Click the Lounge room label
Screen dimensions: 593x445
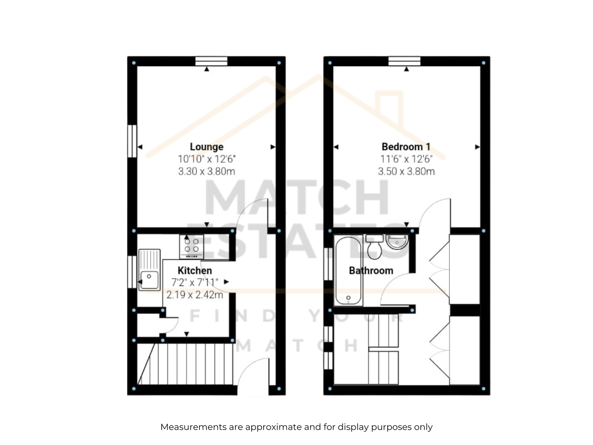[x=206, y=147]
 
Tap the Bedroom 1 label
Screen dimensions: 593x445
[x=406, y=147]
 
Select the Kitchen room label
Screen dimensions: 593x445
[x=195, y=270]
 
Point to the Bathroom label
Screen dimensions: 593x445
[x=371, y=270]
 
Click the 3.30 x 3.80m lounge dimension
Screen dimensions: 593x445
[x=206, y=171]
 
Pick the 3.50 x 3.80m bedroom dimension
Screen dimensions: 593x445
[x=406, y=171]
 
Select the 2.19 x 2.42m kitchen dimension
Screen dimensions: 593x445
[x=195, y=294]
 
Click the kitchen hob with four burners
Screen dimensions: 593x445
[x=191, y=246]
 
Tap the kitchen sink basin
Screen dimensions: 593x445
[x=149, y=280]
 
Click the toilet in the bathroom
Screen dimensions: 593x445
[x=374, y=247]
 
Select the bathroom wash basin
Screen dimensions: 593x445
[x=397, y=242]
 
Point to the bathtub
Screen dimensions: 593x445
[x=348, y=270]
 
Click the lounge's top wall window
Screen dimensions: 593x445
[x=211, y=61]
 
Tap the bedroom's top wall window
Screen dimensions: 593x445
[x=404, y=61]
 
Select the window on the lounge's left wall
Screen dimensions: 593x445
[x=132, y=141]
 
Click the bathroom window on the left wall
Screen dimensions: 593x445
[x=328, y=264]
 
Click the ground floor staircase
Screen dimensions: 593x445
[x=185, y=364]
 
